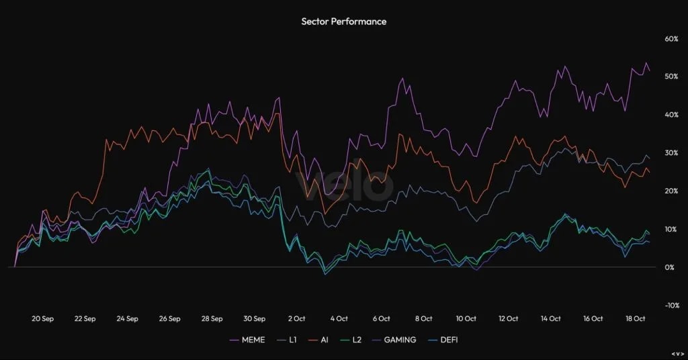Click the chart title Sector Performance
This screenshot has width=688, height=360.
click(x=343, y=21)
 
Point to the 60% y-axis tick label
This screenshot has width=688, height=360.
click(x=672, y=38)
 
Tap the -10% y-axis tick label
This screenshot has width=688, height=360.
click(x=672, y=306)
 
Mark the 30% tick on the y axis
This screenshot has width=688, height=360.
click(x=672, y=153)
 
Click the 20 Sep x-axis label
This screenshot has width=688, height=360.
click(x=42, y=319)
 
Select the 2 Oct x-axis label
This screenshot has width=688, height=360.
click(x=297, y=319)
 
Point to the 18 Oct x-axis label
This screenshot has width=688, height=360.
click(x=635, y=319)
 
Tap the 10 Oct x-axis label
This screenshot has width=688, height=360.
click(x=466, y=319)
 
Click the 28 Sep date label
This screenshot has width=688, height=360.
click(x=212, y=319)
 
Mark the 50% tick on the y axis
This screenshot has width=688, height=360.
click(x=672, y=77)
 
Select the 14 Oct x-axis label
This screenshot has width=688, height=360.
click(x=550, y=319)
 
